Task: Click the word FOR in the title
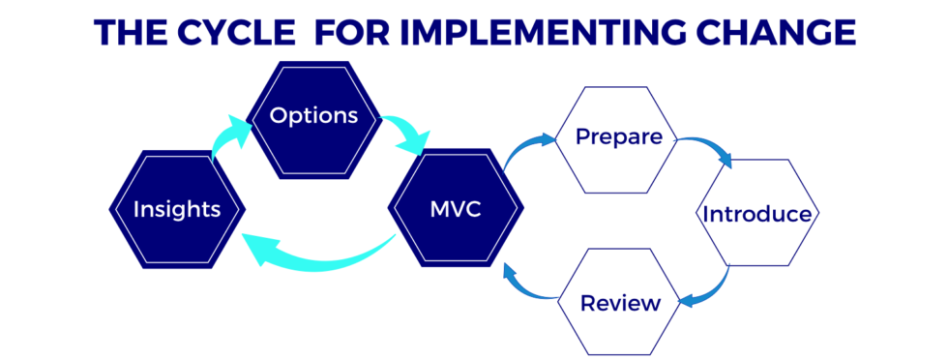coord(353,32)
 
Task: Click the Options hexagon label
coord(314,116)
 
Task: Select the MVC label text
coord(455,209)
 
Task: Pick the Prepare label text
coord(619,137)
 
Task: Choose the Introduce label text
coord(757,214)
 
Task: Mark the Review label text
coord(620,303)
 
